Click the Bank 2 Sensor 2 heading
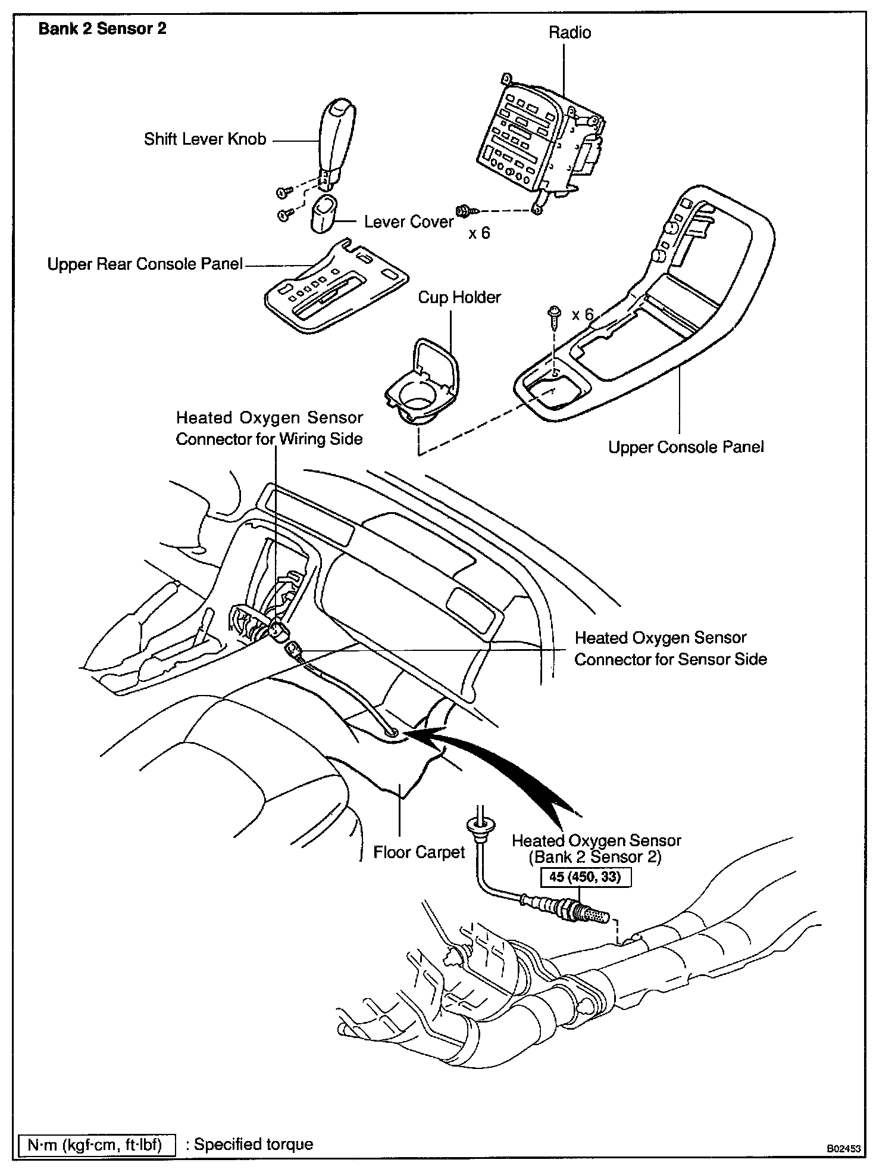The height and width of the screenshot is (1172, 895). tap(102, 29)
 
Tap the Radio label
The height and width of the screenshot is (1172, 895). tap(569, 32)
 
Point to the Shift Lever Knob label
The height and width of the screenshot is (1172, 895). tap(205, 139)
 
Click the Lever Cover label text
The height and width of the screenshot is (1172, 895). tap(409, 222)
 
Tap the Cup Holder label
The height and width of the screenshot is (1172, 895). tap(459, 297)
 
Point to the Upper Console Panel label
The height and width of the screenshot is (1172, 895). tap(686, 447)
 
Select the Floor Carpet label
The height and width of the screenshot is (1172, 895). tap(419, 853)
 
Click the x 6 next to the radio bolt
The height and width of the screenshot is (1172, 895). tap(479, 233)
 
